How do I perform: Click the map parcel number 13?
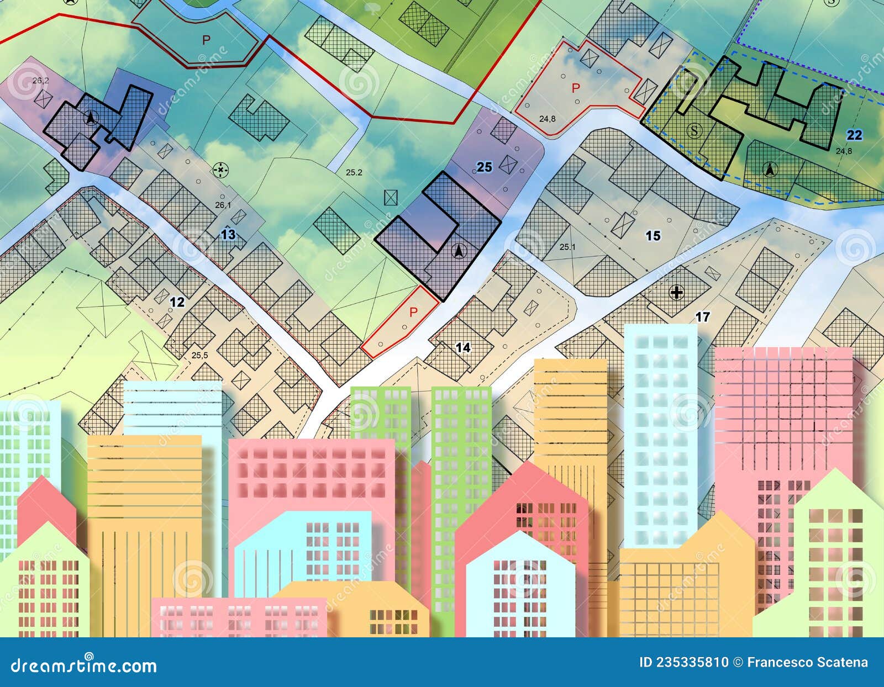click(228, 235)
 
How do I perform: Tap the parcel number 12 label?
click(177, 302)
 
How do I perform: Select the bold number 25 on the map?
click(484, 167)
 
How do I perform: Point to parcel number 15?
click(653, 236)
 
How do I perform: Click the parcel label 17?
click(702, 317)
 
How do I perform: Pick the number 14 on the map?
click(462, 347)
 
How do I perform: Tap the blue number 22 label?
click(854, 135)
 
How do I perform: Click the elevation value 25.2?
click(354, 172)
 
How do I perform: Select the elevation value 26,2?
click(40, 81)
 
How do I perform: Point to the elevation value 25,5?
click(199, 355)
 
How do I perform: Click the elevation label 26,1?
click(223, 205)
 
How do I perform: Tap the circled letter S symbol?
click(694, 130)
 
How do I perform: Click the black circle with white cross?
click(676, 292)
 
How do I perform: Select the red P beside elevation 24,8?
click(576, 87)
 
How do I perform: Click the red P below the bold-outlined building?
click(413, 312)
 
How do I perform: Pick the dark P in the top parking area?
click(206, 40)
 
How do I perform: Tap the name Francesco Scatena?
click(807, 662)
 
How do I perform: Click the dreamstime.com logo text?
click(84, 665)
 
